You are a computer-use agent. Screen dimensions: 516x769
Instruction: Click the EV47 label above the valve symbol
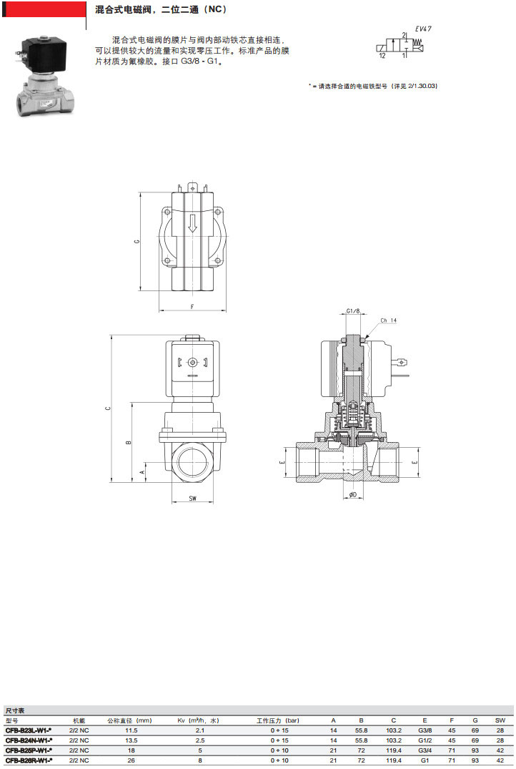(423, 29)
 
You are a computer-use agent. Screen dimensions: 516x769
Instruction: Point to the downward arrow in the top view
(192, 223)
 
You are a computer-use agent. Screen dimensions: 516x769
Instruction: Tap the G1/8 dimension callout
(353, 311)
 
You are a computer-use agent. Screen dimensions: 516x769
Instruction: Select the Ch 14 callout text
(389, 320)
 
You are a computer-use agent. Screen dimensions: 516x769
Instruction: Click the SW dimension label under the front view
(192, 499)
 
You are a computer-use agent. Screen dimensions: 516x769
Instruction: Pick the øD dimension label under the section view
(353, 495)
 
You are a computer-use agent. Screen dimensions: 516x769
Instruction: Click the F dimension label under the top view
(192, 307)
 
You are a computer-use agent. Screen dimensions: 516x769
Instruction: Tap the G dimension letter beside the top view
(137, 241)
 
